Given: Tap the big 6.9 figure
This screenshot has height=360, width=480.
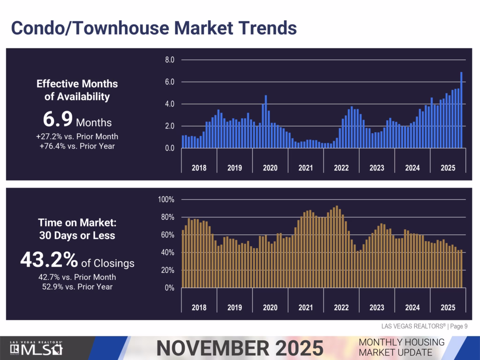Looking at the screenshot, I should (x=58, y=119).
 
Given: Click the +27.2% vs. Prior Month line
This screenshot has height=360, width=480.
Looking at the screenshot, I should (x=77, y=136).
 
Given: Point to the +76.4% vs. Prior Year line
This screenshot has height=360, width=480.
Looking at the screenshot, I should (x=77, y=146).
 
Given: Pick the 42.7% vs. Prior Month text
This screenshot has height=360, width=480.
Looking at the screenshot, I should (x=77, y=277).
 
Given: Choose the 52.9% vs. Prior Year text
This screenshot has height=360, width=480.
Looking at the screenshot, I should (x=77, y=286).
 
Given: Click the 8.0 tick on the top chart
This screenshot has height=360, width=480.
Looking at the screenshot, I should (x=169, y=60).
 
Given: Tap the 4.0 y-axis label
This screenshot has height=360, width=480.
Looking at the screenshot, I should (x=169, y=104).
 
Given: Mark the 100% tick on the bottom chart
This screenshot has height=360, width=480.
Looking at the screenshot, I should (x=166, y=200).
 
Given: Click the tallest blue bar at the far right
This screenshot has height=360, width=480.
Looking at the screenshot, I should (x=461, y=110).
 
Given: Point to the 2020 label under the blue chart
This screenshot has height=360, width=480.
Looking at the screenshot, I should (x=270, y=167).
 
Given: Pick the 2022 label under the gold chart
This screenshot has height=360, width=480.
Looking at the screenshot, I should (x=341, y=307).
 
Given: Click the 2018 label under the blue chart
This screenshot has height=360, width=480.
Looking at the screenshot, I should (x=199, y=167).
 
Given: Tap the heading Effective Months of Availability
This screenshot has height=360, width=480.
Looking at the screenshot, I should (x=77, y=90).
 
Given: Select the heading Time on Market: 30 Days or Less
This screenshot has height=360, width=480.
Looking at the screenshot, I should (x=77, y=230).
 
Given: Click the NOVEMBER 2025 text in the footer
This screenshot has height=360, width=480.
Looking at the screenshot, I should (x=240, y=348).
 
